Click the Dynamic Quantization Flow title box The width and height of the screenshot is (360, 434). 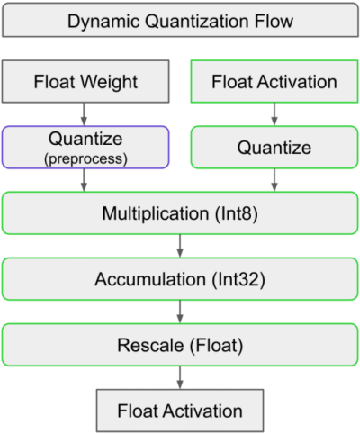pos(180,20)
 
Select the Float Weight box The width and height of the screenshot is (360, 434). pos(85,82)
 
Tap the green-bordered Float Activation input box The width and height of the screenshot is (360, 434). pos(274,82)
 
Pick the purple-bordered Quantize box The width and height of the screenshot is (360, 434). pos(85,147)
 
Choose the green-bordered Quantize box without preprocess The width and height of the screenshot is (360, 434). pos(274,147)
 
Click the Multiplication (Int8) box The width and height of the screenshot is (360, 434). pos(180,213)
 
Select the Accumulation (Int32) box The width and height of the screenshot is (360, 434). pos(180,279)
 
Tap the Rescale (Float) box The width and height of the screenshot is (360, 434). pos(180,345)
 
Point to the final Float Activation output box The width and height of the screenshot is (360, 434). pos(180,411)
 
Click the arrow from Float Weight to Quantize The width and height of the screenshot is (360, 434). pos(85,113)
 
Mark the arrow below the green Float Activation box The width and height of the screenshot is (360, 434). pos(274,113)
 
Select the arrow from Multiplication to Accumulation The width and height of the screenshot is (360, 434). pos(180,246)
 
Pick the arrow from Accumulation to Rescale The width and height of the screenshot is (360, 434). pos(180,312)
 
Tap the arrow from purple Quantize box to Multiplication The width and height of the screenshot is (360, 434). pos(85,180)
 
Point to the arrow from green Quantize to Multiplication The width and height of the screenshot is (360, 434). pos(274,180)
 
